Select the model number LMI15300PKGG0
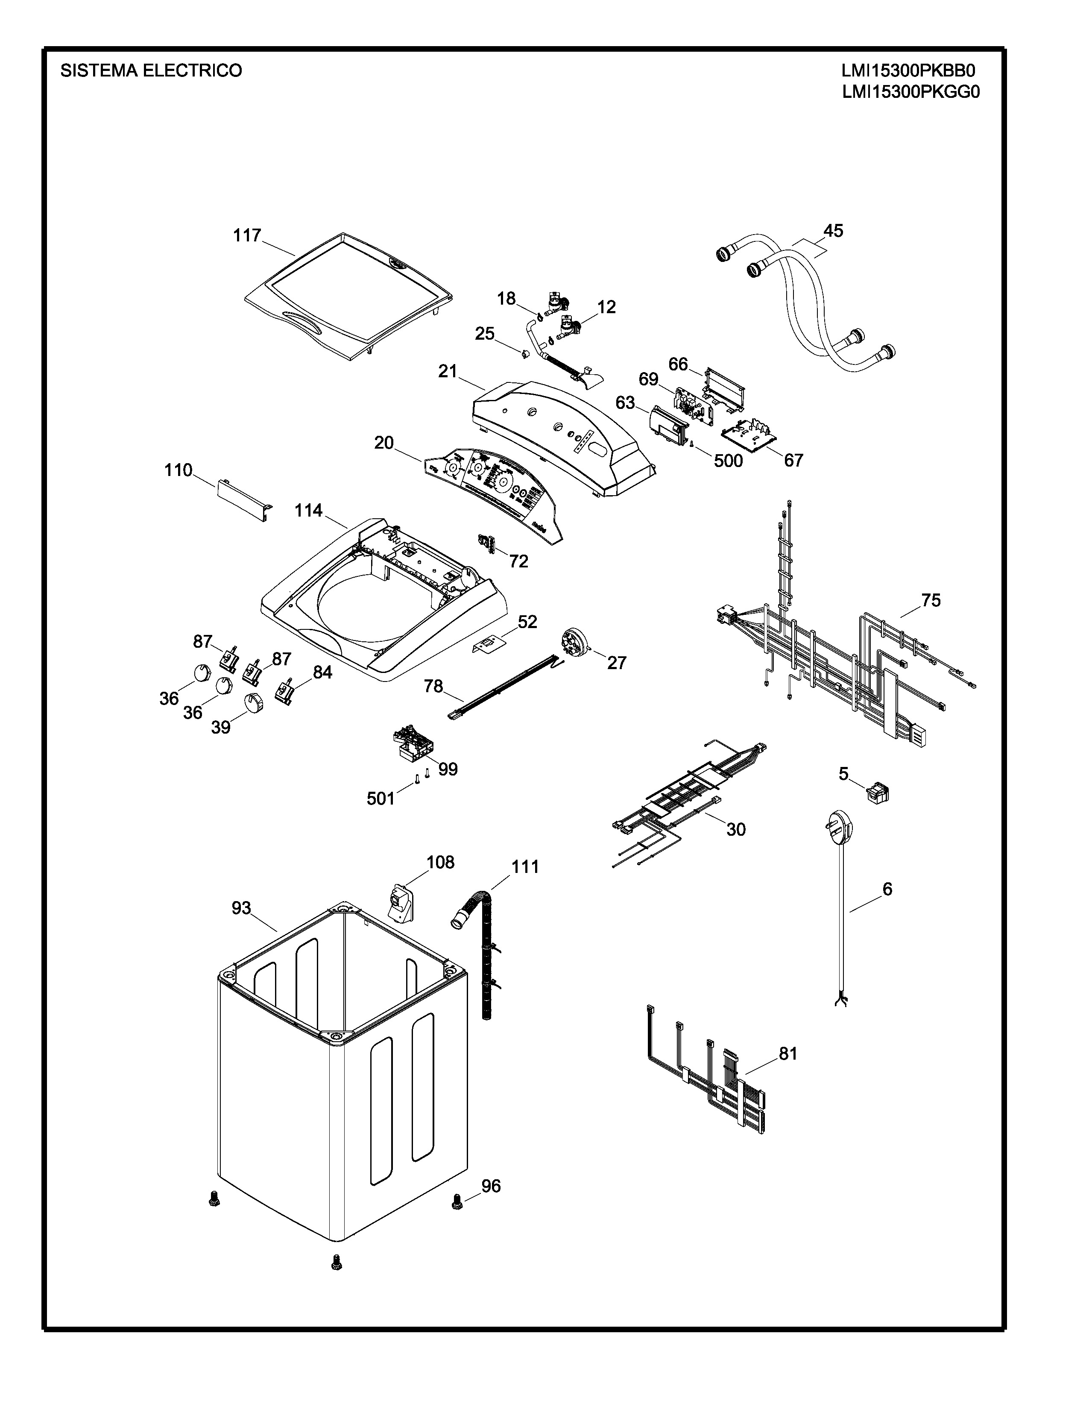click(x=910, y=92)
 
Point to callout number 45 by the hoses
click(x=833, y=230)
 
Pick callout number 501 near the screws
click(x=380, y=799)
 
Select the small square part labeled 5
click(x=878, y=793)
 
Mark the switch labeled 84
click(x=284, y=692)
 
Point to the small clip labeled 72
click(x=487, y=543)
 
